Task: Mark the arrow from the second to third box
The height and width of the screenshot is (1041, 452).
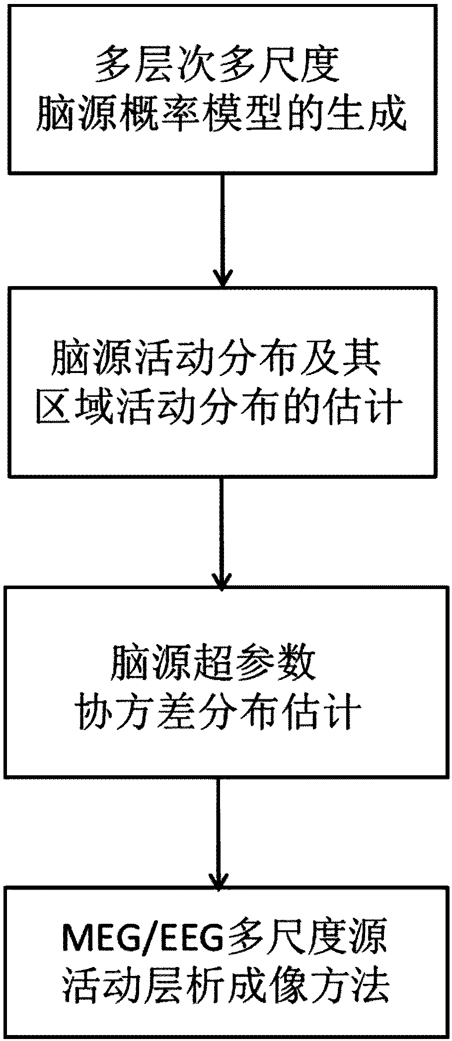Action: point(222,531)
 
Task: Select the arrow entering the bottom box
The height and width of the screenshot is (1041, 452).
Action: point(218,831)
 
